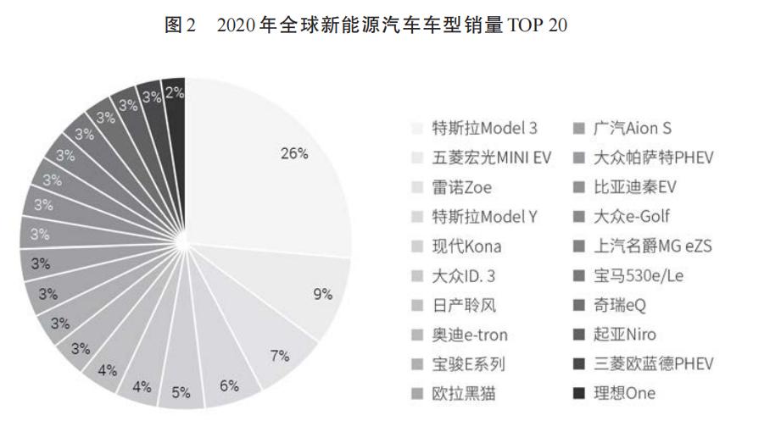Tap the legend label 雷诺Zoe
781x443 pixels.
(461, 187)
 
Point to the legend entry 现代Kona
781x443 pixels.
(466, 246)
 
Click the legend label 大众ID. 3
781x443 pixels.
(467, 275)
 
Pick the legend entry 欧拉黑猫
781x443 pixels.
(463, 393)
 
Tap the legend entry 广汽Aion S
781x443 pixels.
(632, 129)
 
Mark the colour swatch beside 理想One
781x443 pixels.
(579, 394)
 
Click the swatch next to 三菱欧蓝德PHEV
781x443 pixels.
(579, 364)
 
